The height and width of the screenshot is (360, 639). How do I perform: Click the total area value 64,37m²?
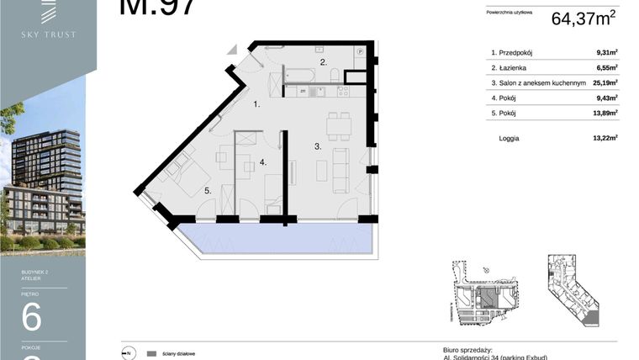584,19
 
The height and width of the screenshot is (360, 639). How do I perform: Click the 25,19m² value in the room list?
604,83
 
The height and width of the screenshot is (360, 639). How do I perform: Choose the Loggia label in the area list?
509,138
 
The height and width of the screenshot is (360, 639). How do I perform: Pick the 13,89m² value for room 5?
604,113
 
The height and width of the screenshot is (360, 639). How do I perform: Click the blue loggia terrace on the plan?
277,237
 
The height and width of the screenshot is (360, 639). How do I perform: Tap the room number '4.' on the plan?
263,161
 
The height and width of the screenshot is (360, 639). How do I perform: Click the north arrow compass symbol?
129,353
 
